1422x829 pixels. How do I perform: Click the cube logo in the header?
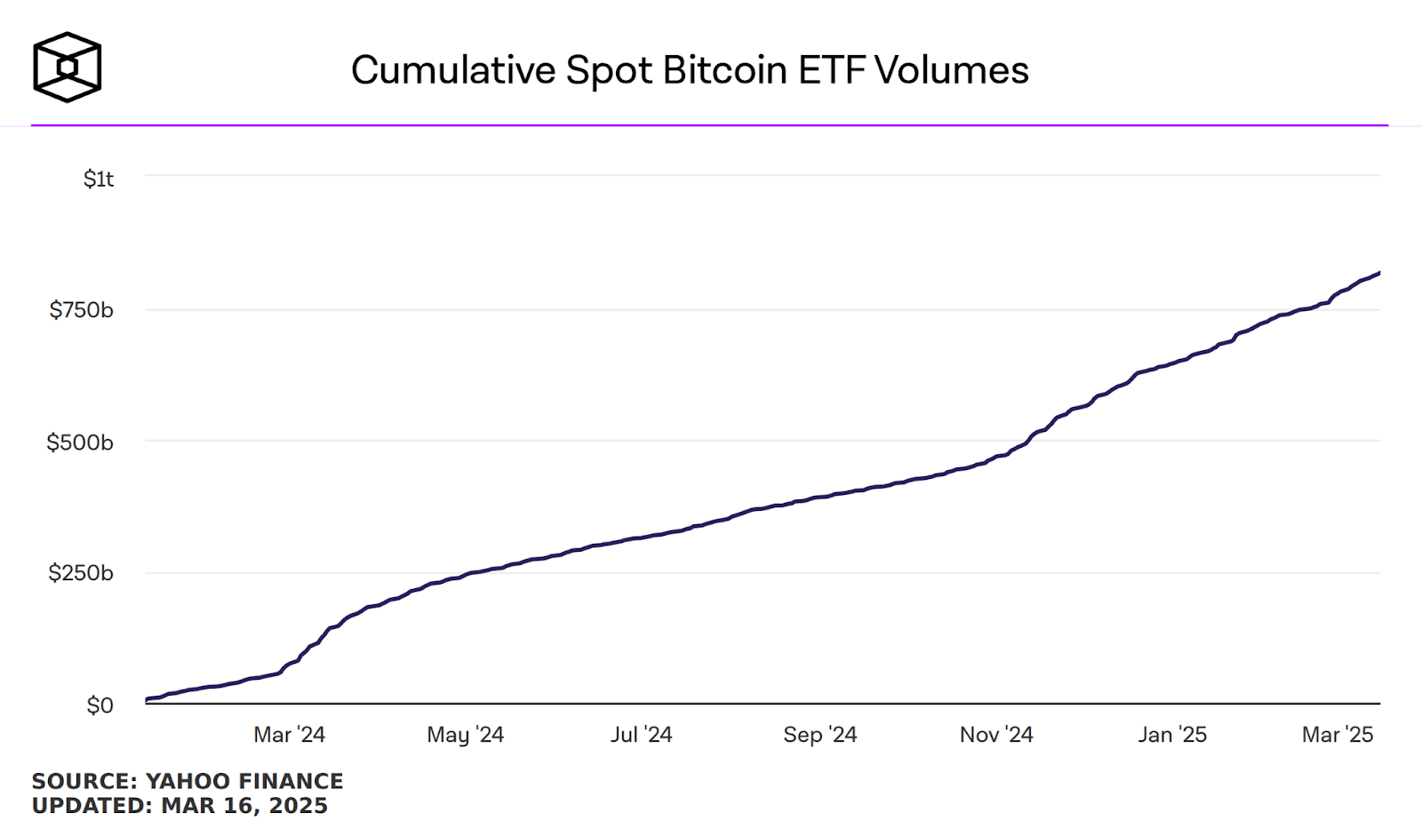(67, 68)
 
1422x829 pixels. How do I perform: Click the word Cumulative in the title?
(453, 70)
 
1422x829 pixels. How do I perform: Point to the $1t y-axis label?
(99, 179)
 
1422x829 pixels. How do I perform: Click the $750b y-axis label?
(82, 310)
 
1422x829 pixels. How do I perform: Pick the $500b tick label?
(80, 442)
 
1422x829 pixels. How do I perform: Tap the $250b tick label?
(81, 573)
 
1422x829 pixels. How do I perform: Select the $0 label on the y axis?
(100, 705)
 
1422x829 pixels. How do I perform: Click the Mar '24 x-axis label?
(289, 735)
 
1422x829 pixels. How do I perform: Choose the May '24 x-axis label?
(465, 735)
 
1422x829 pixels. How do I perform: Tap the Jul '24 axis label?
(641, 735)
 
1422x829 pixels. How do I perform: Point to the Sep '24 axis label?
(819, 735)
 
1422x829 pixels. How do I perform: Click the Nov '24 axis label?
(996, 735)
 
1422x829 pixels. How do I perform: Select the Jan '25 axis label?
(1172, 735)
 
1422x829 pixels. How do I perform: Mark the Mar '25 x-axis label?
(1338, 735)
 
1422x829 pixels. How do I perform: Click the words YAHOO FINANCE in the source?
(244, 781)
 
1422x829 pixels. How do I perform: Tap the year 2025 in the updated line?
(298, 806)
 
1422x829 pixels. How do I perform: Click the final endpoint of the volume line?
(1379, 273)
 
